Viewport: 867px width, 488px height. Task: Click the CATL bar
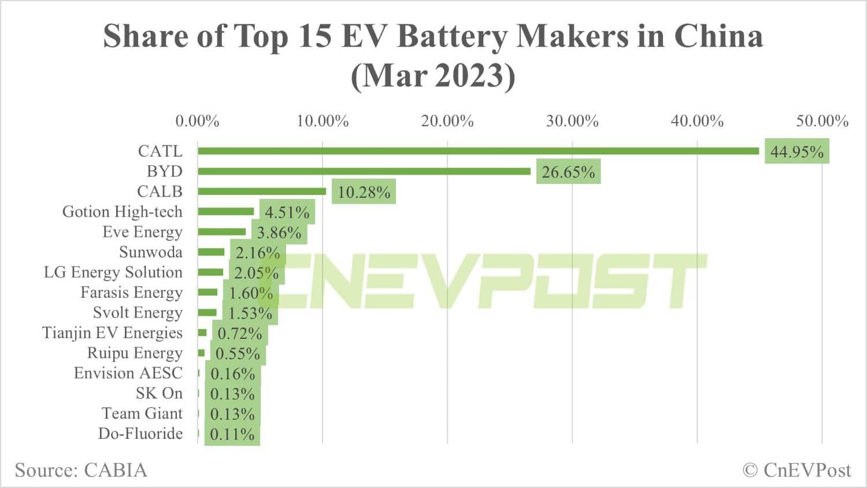coord(478,151)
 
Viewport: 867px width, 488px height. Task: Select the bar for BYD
coord(364,171)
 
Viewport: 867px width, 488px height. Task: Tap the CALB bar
coord(262,191)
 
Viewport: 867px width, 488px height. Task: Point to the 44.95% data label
coord(796,151)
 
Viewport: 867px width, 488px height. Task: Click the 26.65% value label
coord(568,172)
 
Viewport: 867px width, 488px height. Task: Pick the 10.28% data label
coord(364,192)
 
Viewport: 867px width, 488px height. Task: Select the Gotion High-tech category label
coord(122,212)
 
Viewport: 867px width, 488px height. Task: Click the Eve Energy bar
coord(221,232)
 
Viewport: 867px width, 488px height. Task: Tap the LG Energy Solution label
coord(113,272)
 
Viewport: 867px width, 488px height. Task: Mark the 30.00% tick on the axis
coord(572,121)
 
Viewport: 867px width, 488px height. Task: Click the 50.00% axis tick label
coord(822,121)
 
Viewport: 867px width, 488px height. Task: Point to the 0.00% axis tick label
coord(197,121)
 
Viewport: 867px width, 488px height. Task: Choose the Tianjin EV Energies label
coord(112,333)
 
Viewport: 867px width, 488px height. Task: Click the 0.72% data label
coord(239,334)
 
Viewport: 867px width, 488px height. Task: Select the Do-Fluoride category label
coord(140,434)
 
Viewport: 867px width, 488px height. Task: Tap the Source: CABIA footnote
coord(81,470)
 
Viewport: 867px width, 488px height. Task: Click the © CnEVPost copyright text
coord(796,470)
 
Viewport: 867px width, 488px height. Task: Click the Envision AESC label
coord(128,373)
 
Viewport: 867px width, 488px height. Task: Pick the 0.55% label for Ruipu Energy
coord(238,354)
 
